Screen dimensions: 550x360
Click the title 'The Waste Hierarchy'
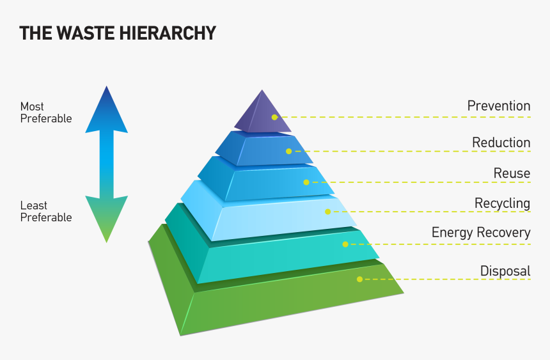click(x=117, y=33)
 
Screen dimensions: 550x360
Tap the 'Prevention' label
click(x=499, y=106)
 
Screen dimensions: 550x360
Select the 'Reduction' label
click(x=501, y=143)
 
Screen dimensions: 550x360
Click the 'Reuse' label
click(x=512, y=173)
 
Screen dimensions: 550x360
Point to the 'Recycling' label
click(x=502, y=203)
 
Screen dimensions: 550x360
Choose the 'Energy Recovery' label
click(x=481, y=232)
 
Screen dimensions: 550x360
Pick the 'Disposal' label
click(x=505, y=271)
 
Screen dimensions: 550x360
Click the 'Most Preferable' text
click(x=46, y=113)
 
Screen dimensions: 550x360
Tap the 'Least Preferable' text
click(x=46, y=212)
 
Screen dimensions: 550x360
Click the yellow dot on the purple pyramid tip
click(x=274, y=117)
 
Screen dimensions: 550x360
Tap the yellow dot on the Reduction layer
click(x=289, y=152)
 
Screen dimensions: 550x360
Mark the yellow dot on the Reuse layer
click(x=306, y=182)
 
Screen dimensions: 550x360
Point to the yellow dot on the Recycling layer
click(x=327, y=212)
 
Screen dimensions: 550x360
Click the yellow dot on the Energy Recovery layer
click(x=345, y=244)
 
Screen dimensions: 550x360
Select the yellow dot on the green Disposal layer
click(x=359, y=279)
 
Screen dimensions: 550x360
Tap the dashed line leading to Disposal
click(x=448, y=279)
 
